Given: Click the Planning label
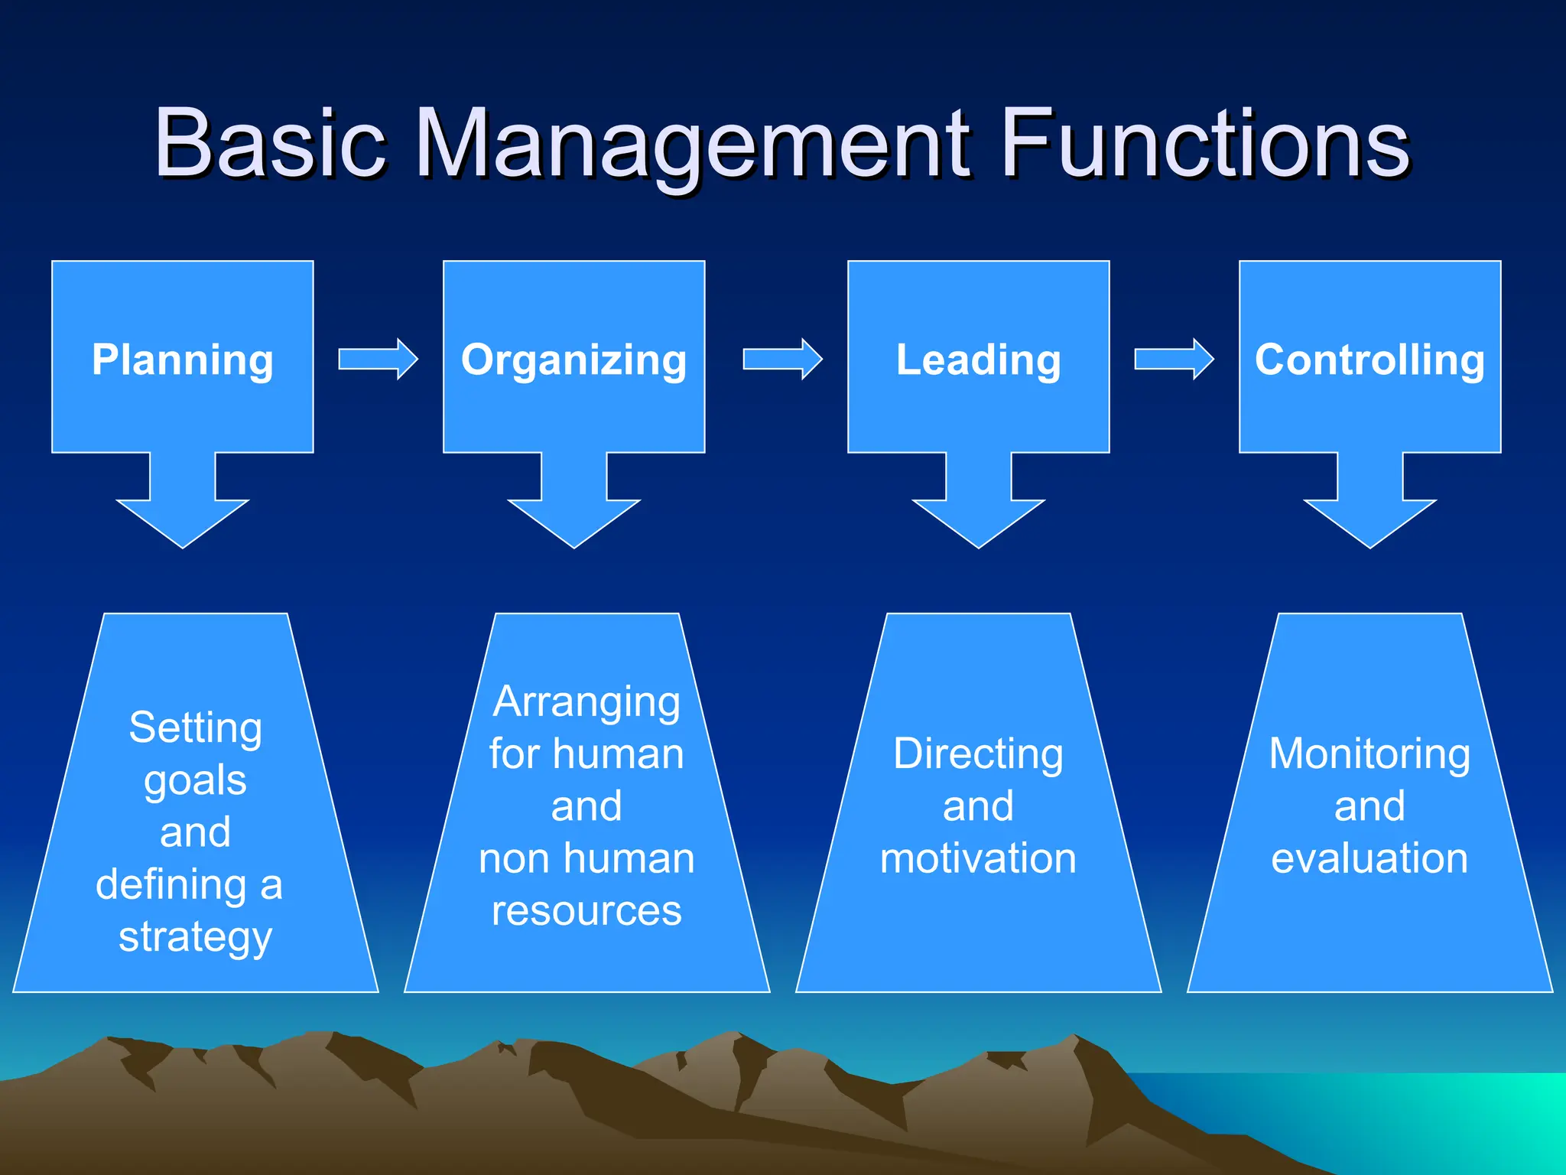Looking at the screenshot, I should click(x=183, y=360).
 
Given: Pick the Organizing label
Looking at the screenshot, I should click(x=573, y=360).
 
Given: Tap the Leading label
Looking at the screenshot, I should click(x=978, y=360).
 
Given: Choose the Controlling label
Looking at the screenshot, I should click(x=1369, y=360).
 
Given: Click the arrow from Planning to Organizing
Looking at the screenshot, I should click(x=379, y=359).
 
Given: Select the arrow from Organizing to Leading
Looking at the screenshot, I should click(x=783, y=359).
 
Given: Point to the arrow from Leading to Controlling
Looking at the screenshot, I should click(x=1174, y=359).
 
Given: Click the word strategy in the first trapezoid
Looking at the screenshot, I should click(x=196, y=938).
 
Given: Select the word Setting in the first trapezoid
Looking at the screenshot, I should click(x=196, y=727).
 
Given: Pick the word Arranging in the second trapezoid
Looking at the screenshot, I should click(x=586, y=702).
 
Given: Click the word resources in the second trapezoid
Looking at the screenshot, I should click(x=586, y=910).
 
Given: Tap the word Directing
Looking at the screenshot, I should click(x=978, y=754).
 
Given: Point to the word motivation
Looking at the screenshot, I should click(x=978, y=858).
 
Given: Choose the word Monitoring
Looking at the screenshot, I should click(x=1369, y=754).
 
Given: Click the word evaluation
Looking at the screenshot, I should click(x=1369, y=858).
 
